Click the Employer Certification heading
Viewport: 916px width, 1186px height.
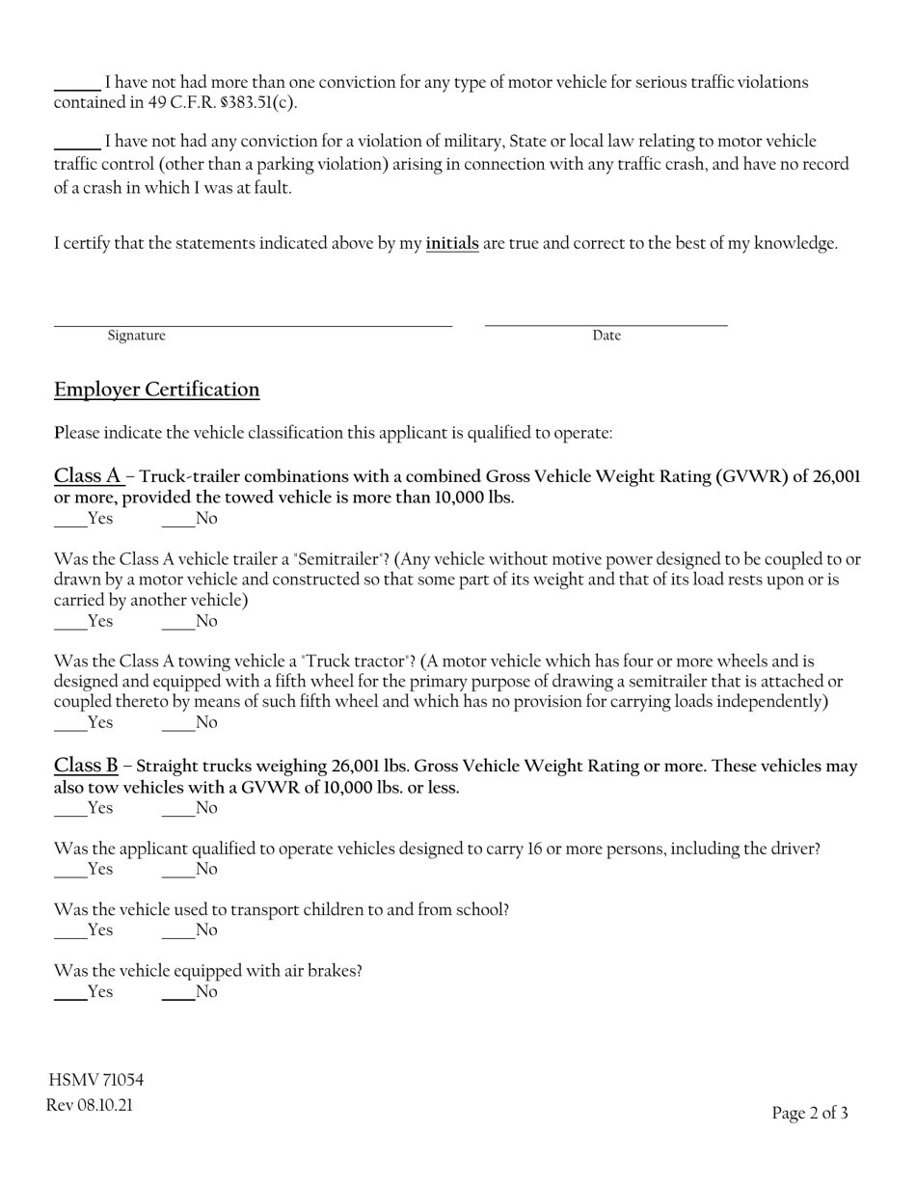(156, 390)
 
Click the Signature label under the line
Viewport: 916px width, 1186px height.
(136, 336)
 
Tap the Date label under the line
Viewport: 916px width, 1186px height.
(606, 336)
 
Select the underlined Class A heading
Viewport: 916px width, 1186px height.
(88, 475)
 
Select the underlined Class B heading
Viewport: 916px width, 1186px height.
(86, 766)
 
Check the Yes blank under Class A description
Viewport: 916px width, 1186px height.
(70, 520)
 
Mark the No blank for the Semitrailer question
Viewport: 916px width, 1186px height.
(178, 622)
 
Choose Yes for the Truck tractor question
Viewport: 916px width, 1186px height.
(70, 723)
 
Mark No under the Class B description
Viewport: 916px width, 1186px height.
(178, 809)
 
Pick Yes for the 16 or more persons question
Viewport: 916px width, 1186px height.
(70, 870)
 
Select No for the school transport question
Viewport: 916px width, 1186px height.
(178, 930)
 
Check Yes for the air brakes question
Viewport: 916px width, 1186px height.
(70, 992)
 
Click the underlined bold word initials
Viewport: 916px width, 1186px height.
(452, 244)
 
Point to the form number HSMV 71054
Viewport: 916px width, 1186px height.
(96, 1080)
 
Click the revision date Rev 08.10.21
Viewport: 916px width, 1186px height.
(90, 1105)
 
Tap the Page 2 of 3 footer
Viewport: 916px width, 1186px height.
(810, 1114)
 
